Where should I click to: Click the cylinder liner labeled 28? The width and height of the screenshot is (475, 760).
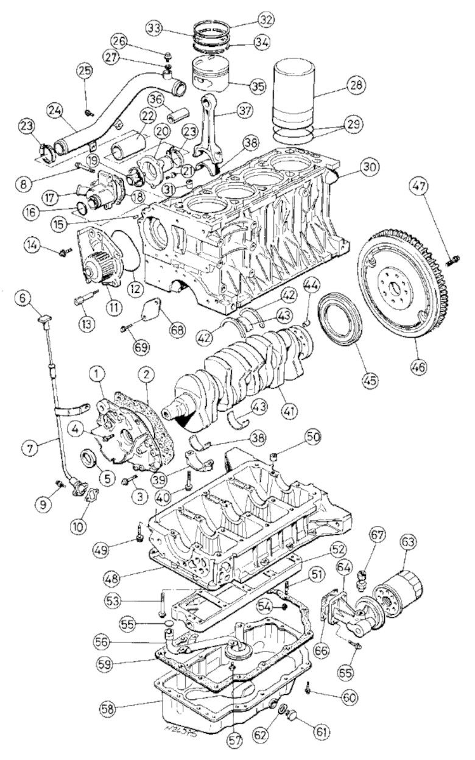pyautogui.click(x=298, y=91)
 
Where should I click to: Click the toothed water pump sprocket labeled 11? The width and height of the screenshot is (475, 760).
pyautogui.click(x=97, y=268)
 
